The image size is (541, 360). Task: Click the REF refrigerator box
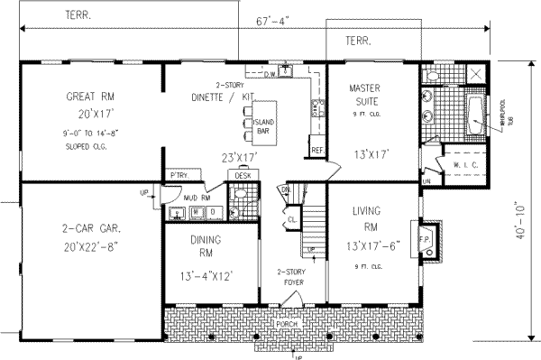click(316, 150)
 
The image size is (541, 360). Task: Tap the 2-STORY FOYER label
click(293, 276)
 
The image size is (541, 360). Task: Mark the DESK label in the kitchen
click(242, 174)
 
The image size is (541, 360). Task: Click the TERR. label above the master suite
click(359, 41)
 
